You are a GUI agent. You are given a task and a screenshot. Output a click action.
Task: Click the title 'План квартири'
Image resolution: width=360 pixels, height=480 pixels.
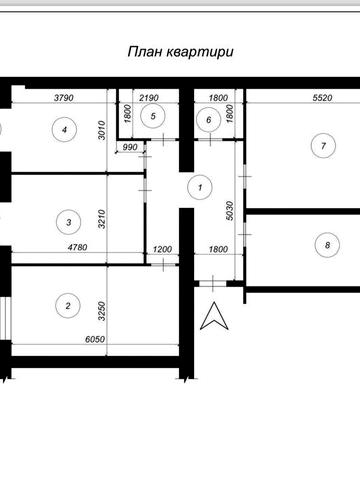[180, 52]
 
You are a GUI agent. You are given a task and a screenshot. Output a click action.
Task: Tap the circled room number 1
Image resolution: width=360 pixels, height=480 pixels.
[200, 187]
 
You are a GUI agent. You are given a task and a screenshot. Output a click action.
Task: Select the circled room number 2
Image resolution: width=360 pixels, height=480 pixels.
[68, 306]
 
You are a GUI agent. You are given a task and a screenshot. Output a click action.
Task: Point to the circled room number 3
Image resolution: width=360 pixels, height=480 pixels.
[69, 222]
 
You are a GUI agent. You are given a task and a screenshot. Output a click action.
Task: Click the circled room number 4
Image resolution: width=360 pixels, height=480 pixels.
[65, 129]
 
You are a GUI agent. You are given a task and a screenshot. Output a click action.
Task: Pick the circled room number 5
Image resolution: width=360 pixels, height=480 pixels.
[153, 116]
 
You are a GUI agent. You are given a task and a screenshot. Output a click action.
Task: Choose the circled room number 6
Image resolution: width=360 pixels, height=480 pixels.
[209, 120]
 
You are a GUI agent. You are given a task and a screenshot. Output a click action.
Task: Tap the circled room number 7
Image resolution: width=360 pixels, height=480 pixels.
[323, 146]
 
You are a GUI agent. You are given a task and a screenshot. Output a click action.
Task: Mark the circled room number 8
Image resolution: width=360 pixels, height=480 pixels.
[327, 245]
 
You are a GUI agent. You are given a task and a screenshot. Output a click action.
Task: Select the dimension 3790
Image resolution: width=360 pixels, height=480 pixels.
[64, 98]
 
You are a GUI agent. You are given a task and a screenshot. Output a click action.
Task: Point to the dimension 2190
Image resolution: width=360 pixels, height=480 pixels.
[149, 98]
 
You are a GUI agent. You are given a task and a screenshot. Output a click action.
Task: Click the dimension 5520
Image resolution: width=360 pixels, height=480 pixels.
[323, 98]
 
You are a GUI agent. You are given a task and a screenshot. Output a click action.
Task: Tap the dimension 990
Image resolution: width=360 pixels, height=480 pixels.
[130, 147]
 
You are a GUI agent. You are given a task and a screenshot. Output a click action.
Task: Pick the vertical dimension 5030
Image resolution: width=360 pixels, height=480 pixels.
[230, 211]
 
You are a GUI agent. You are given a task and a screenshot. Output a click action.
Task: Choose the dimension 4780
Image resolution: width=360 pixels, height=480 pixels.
[77, 247]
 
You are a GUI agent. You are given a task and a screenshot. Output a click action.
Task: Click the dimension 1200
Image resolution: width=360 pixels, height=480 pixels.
[162, 249]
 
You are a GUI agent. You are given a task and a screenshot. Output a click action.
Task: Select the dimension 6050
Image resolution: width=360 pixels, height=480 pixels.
[95, 339]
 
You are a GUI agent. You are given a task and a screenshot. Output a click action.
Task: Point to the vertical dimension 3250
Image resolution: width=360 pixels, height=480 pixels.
[102, 311]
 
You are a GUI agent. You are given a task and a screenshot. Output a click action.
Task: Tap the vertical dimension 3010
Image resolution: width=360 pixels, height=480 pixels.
[102, 130]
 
